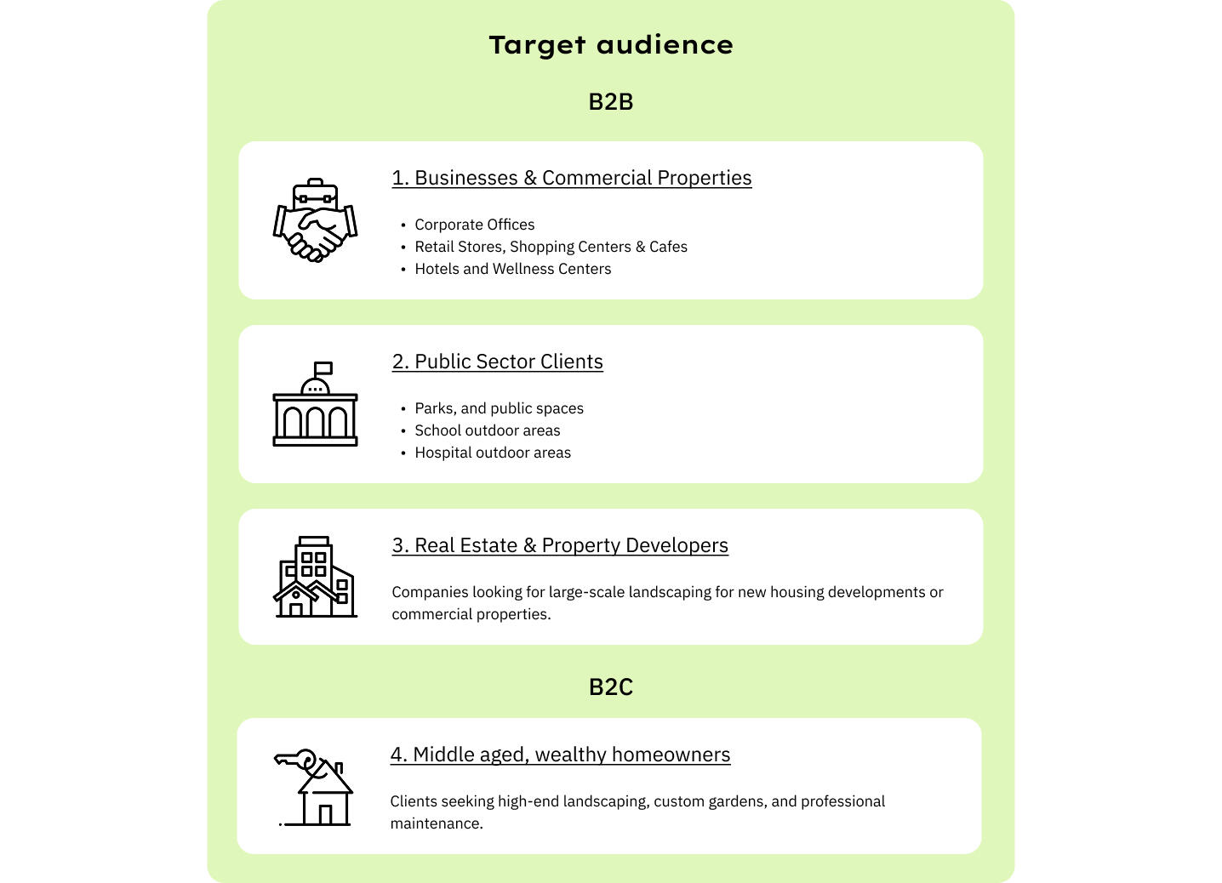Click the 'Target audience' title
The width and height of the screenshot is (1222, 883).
(x=610, y=44)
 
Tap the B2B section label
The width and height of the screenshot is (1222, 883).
(x=610, y=102)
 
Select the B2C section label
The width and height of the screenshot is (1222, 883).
(x=610, y=687)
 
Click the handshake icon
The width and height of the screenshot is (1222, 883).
(x=315, y=220)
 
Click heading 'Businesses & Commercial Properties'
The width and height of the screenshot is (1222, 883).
(x=571, y=178)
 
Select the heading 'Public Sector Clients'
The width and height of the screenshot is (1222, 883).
(x=497, y=362)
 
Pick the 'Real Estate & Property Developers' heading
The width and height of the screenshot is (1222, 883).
(x=560, y=545)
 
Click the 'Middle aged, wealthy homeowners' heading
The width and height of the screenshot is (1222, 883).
(x=560, y=755)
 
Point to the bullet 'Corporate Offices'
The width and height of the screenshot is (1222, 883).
(x=474, y=225)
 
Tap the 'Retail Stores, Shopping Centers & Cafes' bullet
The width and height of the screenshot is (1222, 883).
(x=551, y=247)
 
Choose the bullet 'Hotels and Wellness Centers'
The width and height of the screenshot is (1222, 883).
(x=512, y=269)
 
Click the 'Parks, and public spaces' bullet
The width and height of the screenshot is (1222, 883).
(x=499, y=408)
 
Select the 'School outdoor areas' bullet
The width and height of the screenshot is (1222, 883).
(x=487, y=430)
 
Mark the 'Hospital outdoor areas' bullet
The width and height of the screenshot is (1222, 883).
(x=493, y=453)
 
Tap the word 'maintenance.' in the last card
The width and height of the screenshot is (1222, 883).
(x=436, y=823)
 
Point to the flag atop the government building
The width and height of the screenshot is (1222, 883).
(x=323, y=368)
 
